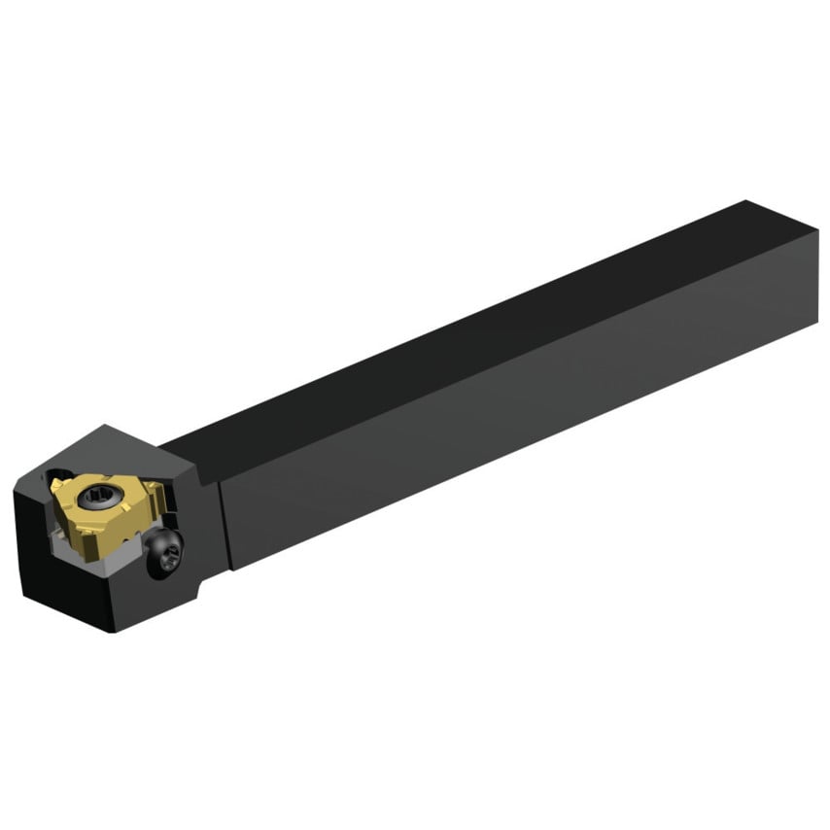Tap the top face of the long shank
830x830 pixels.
pos(486,330)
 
